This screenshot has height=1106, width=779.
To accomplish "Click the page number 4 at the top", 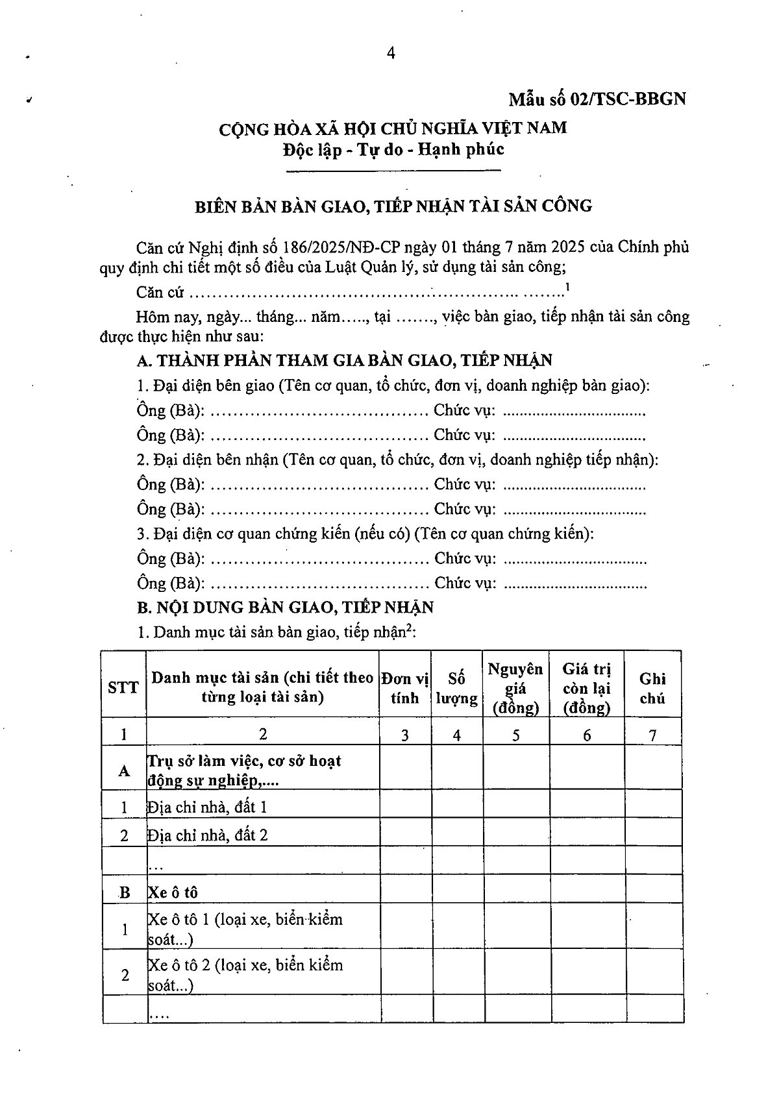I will click(390, 54).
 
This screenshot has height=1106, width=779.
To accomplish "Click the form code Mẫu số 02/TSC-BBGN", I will click(597, 99).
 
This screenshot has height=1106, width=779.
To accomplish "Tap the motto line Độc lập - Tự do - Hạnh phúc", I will click(393, 149).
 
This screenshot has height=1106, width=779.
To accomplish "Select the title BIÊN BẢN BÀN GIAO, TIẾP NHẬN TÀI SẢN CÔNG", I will click(394, 206).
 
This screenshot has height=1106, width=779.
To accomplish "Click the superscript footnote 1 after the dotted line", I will click(568, 286).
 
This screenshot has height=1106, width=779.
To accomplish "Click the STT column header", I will click(123, 687).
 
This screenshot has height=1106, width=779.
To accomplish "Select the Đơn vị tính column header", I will click(405, 688).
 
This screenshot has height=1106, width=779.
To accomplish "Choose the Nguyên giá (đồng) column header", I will click(516, 688).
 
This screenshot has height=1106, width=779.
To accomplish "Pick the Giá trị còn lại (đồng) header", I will click(587, 688).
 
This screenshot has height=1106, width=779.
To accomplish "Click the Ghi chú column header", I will click(652, 688).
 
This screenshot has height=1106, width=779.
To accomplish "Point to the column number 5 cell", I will click(516, 735).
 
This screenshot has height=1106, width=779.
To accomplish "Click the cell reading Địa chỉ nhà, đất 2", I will click(208, 835).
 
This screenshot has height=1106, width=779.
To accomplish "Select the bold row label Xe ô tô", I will click(173, 892).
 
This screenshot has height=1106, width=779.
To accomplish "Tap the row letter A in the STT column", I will click(124, 770).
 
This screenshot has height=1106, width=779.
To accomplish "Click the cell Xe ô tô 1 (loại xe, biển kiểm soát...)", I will click(245, 929).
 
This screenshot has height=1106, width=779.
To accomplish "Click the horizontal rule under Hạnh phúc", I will click(393, 171).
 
